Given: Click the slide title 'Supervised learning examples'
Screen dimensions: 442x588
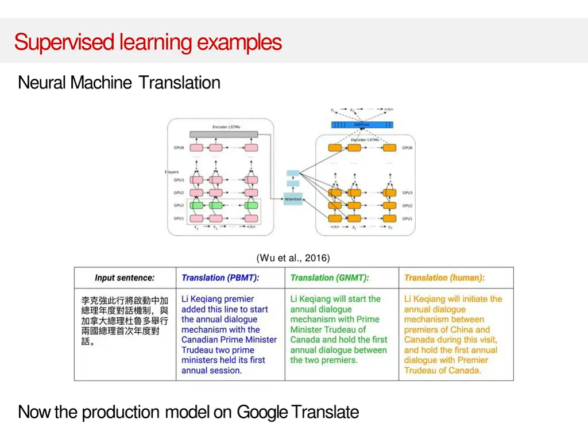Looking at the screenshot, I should point(148,42).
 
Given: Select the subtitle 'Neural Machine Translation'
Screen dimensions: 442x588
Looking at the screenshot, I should point(119,83).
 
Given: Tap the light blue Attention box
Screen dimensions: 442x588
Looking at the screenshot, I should point(293,199).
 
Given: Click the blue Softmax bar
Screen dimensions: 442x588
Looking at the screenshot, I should point(362,125).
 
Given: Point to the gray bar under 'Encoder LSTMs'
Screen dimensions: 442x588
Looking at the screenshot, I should point(224,134).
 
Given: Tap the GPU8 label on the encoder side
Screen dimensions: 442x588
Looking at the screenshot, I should point(179,148).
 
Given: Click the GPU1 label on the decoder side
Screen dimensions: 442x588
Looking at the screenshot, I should point(407,218).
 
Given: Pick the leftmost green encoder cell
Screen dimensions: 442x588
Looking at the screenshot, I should point(197,205).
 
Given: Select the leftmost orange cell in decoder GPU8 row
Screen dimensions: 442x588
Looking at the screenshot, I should point(335,148).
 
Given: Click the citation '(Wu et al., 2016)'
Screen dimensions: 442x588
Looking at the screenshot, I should point(293,258).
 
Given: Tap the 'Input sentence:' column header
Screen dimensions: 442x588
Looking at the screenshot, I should point(125,278).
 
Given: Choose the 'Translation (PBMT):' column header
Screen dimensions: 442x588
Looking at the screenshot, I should point(220,278).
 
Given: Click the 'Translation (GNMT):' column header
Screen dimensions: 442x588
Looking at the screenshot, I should point(330,278).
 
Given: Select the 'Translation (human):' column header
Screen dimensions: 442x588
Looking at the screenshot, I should point(444,278).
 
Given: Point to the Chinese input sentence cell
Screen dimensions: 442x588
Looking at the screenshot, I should point(125,321).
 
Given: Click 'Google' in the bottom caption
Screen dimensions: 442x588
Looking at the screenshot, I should point(262,412).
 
